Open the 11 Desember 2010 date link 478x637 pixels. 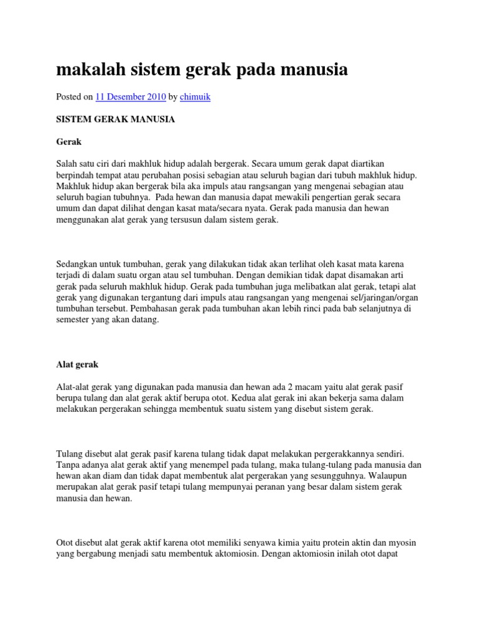pyautogui.click(x=130, y=97)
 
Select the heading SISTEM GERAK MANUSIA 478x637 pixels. pyautogui.click(x=115, y=119)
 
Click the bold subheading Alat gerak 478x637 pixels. pyautogui.click(x=77, y=364)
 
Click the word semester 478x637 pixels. pyautogui.click(x=75, y=320)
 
